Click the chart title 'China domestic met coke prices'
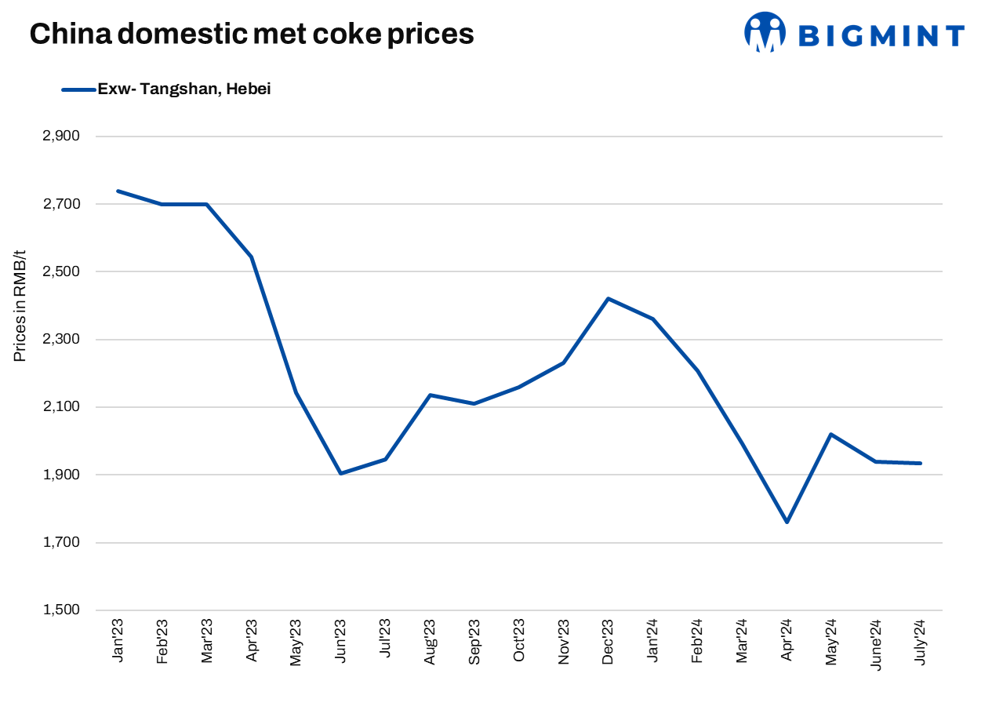click(252, 34)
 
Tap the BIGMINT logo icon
click(765, 32)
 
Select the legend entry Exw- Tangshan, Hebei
click(183, 89)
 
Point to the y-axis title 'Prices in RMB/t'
click(20, 306)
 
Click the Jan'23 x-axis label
click(118, 643)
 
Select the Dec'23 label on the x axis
click(608, 643)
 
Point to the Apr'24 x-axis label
click(787, 643)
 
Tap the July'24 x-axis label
click(921, 643)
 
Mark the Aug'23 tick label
click(430, 643)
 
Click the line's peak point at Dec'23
click(608, 298)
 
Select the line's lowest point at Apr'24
click(787, 522)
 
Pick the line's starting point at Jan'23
click(118, 191)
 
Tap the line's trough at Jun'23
click(340, 474)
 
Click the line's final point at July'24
click(921, 463)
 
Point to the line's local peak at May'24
click(831, 434)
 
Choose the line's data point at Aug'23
click(430, 395)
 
